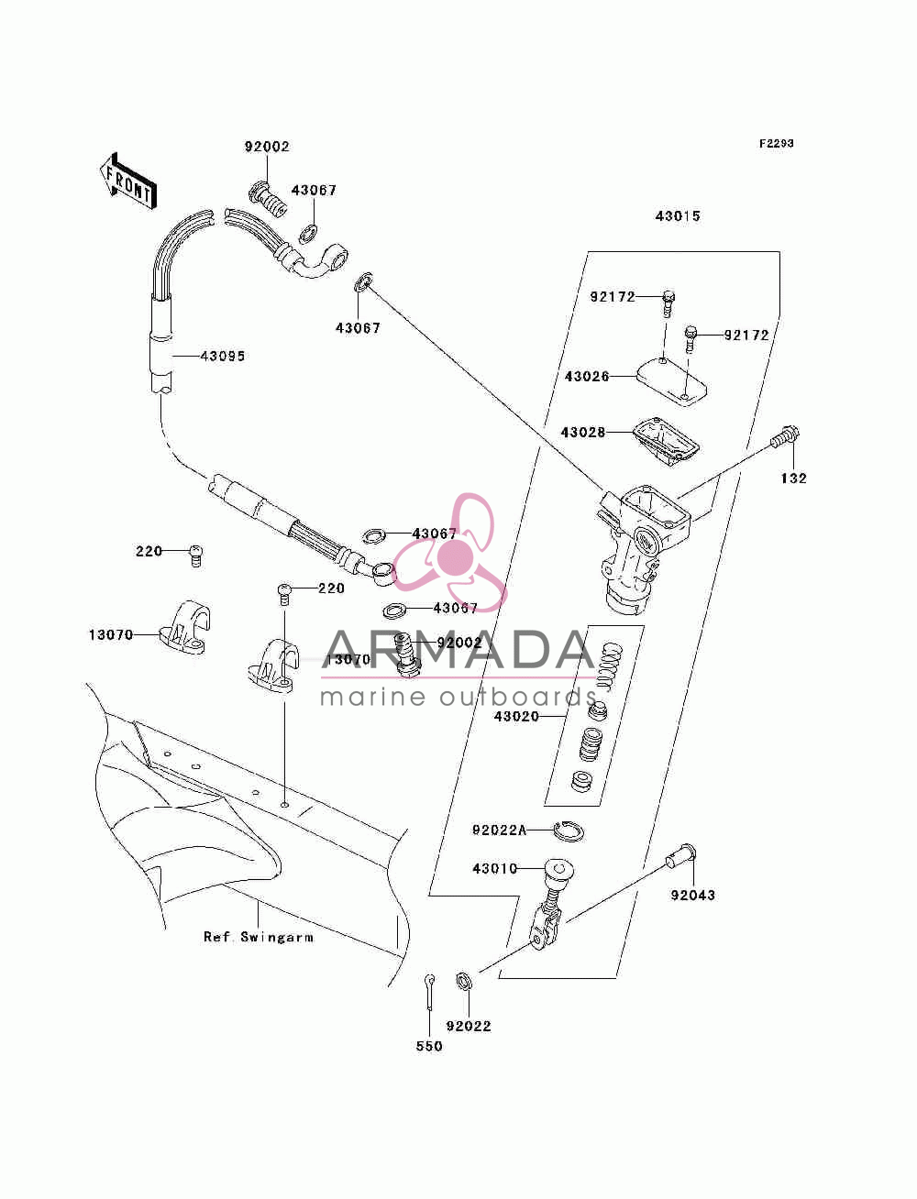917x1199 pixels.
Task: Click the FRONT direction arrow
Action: [x=128, y=181]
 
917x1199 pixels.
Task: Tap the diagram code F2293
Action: [x=776, y=144]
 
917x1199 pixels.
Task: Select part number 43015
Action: [x=677, y=216]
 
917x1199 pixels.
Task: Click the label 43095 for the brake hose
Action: [x=223, y=357]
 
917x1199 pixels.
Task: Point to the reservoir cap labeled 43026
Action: [x=671, y=380]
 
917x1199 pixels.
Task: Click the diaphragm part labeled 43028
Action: [x=666, y=442]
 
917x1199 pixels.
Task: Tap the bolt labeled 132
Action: [x=785, y=436]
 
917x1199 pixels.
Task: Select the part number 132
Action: [x=793, y=478]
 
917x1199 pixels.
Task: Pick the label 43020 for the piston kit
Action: [x=516, y=716]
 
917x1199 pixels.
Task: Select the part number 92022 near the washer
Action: [x=469, y=1026]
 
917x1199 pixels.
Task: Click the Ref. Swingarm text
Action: [x=259, y=937]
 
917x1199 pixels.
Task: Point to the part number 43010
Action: [x=494, y=868]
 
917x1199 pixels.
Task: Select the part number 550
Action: [x=429, y=1046]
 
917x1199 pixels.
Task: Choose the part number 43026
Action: [x=586, y=377]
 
